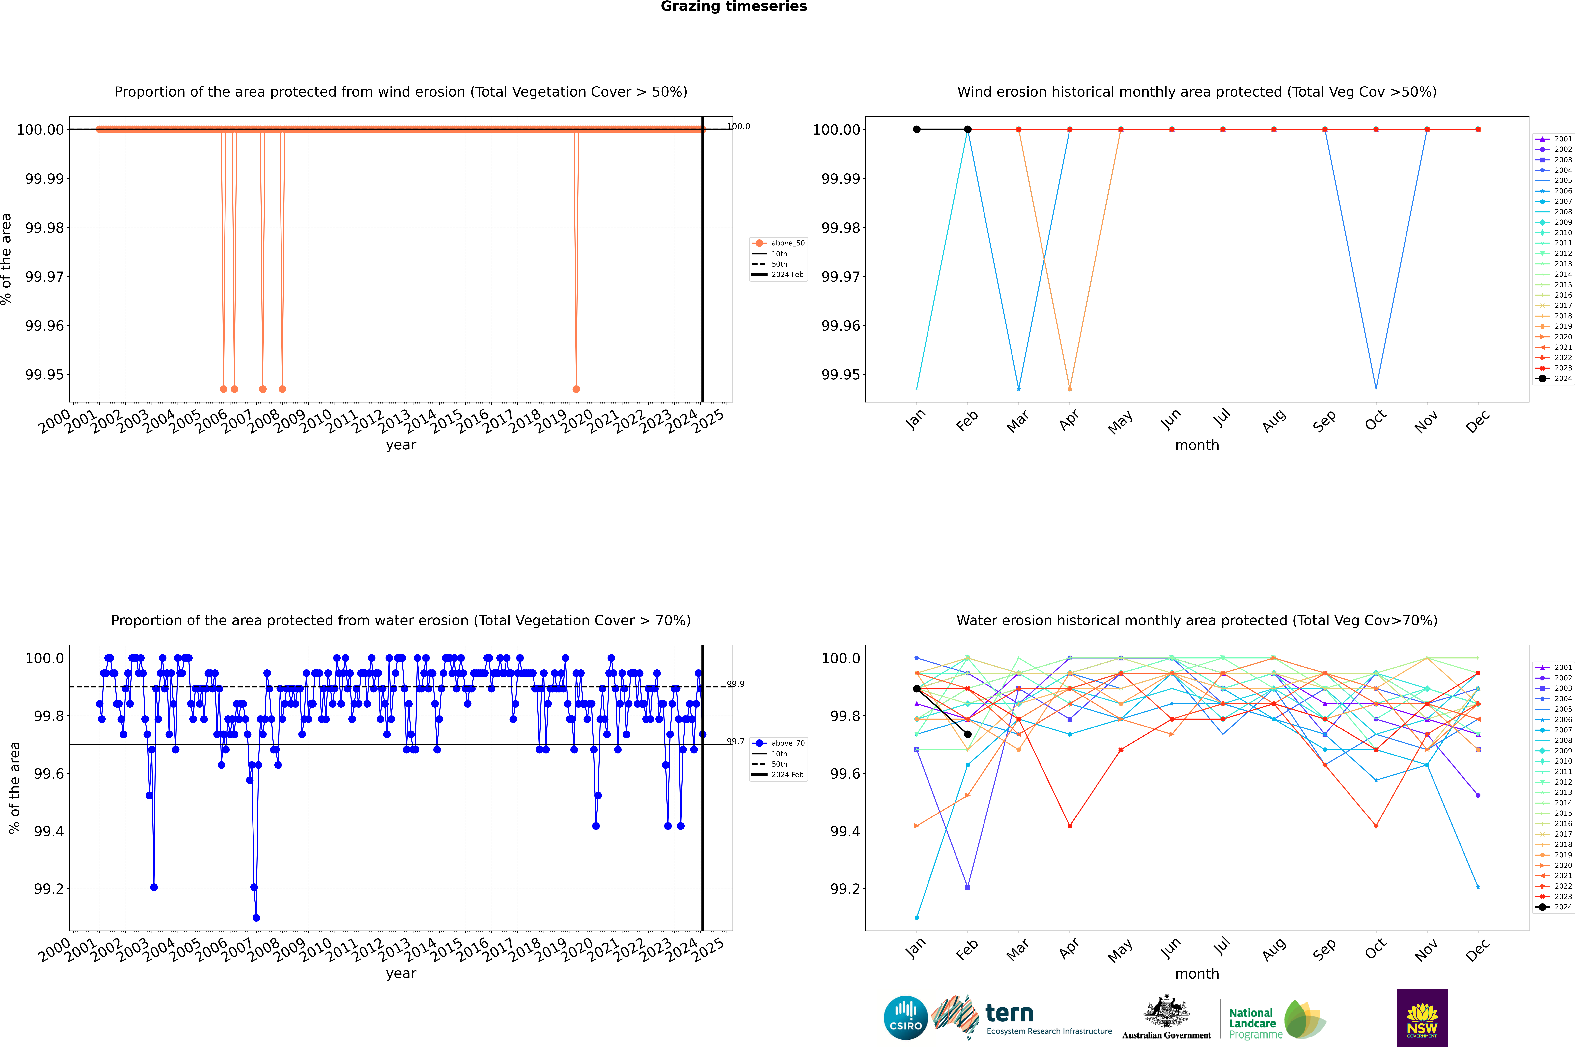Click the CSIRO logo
(x=905, y=1018)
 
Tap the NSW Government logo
(x=1422, y=1018)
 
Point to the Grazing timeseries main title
(x=734, y=7)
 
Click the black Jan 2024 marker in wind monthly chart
(x=917, y=130)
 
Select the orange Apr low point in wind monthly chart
(x=1070, y=389)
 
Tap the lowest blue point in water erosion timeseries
(x=256, y=917)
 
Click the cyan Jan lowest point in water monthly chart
(x=917, y=917)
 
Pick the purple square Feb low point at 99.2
(x=967, y=887)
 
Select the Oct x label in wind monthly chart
(x=1375, y=421)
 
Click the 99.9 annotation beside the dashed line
(x=736, y=684)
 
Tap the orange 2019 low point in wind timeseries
(x=576, y=389)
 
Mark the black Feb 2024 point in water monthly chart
(x=967, y=734)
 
